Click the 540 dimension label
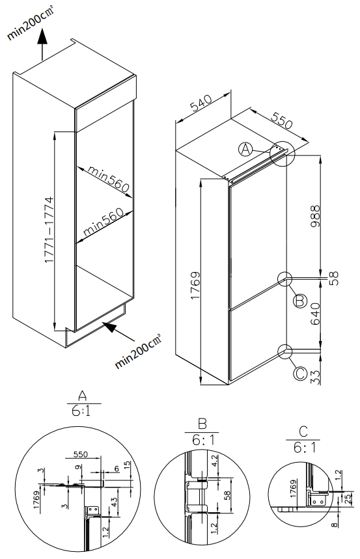click(x=201, y=103)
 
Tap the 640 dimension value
click(x=315, y=314)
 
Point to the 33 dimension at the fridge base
click(x=315, y=377)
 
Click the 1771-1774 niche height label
click(x=49, y=230)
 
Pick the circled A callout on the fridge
click(x=245, y=150)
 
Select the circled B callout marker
click(x=299, y=301)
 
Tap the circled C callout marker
click(x=299, y=374)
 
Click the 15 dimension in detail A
click(x=128, y=465)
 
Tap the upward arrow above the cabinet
click(x=42, y=44)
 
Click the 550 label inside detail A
click(x=81, y=454)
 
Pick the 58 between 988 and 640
click(x=333, y=279)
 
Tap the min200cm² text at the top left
click(x=31, y=23)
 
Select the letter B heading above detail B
click(x=202, y=424)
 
